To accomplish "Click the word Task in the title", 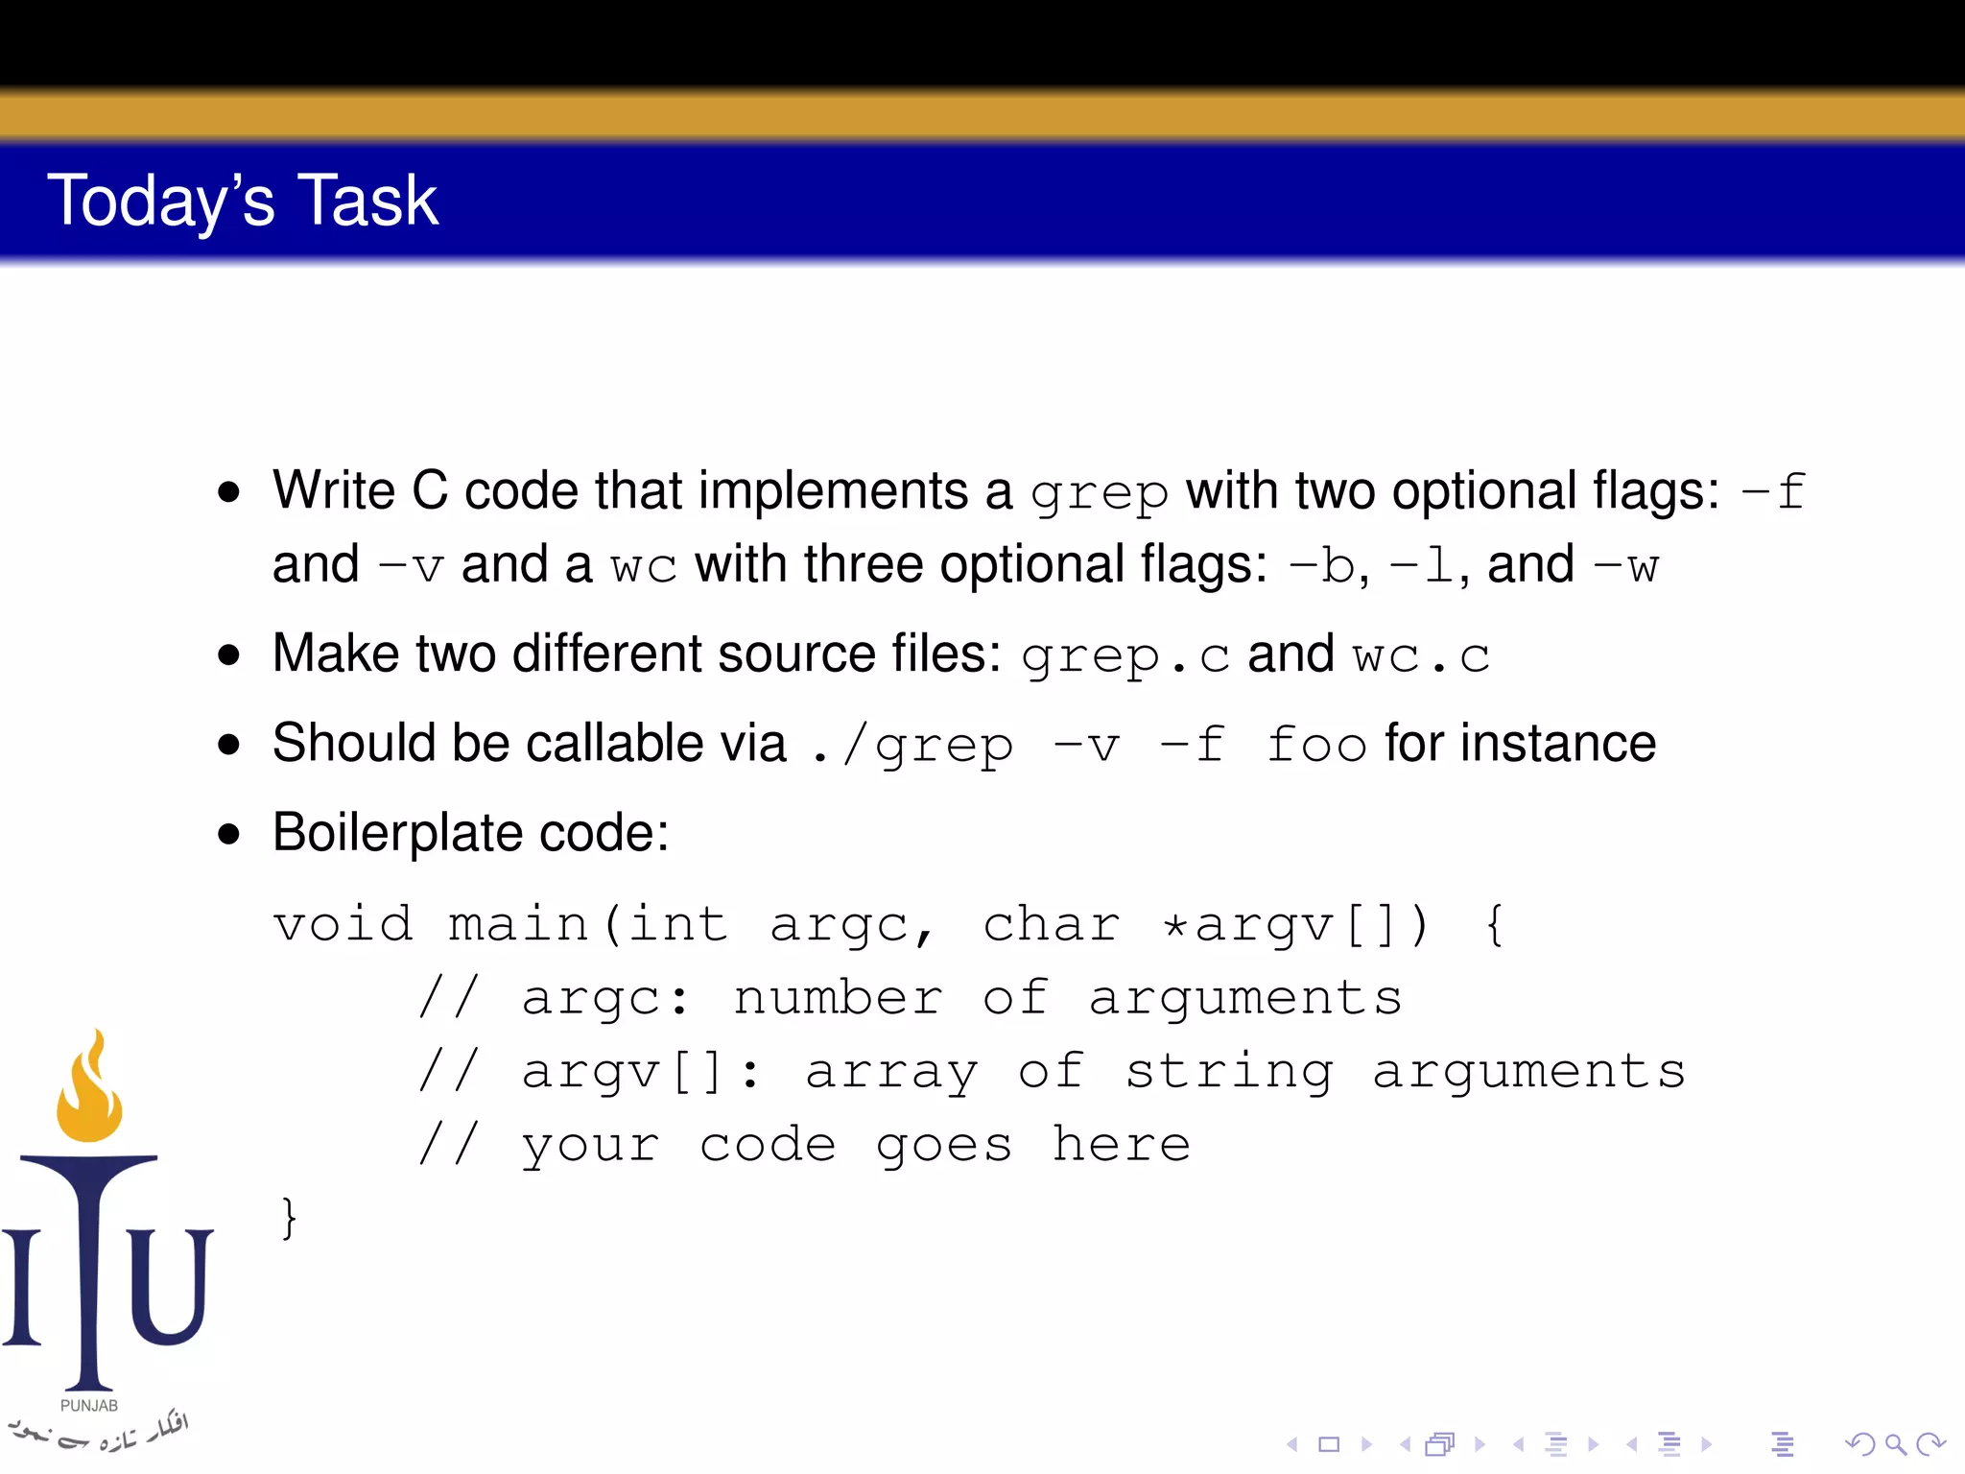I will pos(368,201).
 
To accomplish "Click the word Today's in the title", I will pos(161,201).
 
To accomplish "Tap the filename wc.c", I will pos(1421,657).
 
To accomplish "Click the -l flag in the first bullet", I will pos(1422,566).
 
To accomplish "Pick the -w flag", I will pos(1626,566).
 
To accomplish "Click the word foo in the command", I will pos(1316,746).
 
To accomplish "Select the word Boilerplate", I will pos(397,832).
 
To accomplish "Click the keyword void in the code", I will pos(343,925).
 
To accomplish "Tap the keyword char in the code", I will pos(1052,925).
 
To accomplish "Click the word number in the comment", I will pos(839,998).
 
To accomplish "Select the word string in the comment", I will pos(1229,1072).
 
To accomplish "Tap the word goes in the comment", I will pos(944,1145).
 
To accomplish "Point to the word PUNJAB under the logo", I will pos(89,1406).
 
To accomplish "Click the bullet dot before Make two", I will pos(228,655).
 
